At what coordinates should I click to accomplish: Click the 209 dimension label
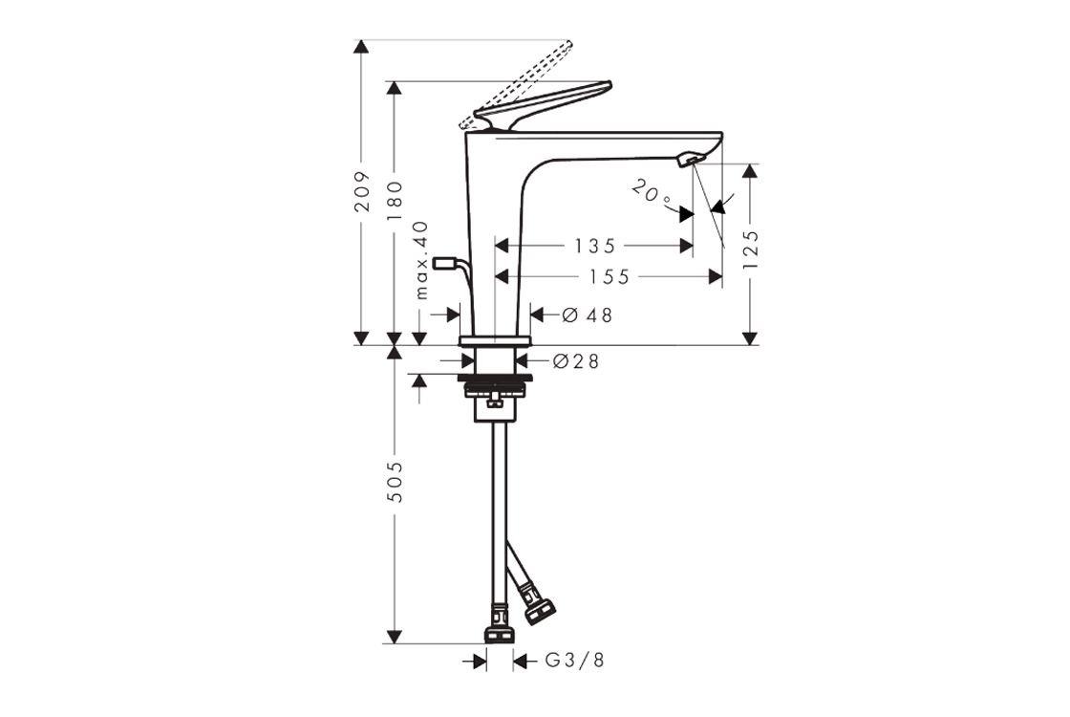tap(362, 191)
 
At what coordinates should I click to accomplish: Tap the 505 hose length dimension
tap(395, 482)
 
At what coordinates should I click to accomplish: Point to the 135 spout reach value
tap(595, 245)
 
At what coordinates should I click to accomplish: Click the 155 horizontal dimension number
tap(610, 276)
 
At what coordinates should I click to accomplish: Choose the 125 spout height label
tap(750, 250)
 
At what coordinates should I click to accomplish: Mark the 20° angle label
tap(651, 191)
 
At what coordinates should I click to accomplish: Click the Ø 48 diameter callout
tap(588, 315)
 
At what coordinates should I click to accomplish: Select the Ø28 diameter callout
tap(576, 361)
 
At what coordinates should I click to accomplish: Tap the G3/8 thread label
tap(574, 661)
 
